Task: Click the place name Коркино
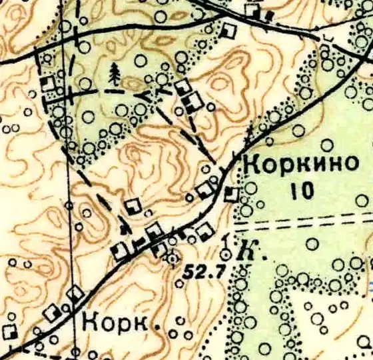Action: [297, 164]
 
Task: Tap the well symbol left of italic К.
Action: [226, 253]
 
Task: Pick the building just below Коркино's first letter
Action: [231, 194]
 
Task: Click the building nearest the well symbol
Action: [203, 233]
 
